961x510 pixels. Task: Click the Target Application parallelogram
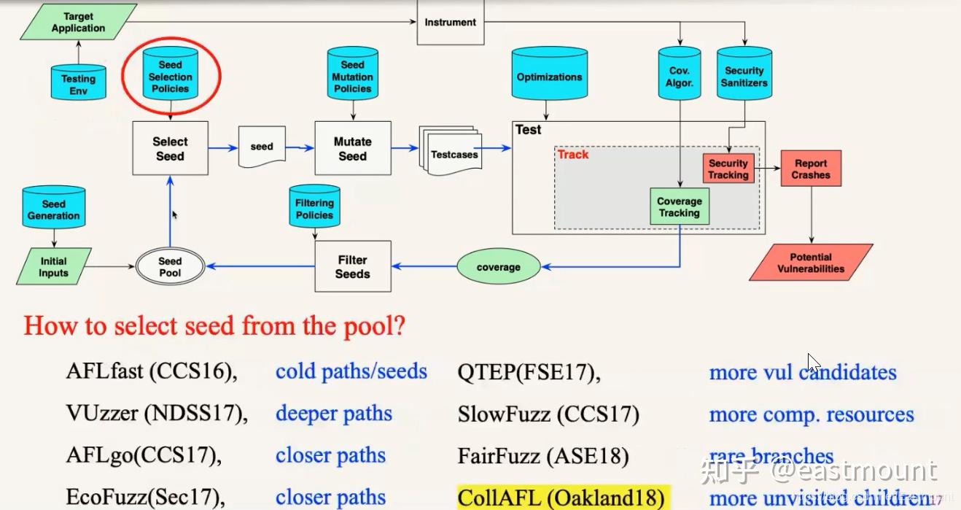click(x=78, y=22)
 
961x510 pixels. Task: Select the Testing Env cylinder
click(x=78, y=82)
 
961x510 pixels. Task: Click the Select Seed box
click(x=170, y=148)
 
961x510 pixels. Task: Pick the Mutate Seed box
click(x=352, y=148)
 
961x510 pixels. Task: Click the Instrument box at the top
click(x=450, y=22)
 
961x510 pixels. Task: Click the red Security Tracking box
click(x=728, y=169)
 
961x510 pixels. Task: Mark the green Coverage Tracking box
click(x=680, y=207)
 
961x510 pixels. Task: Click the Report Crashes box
click(x=811, y=169)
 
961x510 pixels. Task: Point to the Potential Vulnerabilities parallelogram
click(x=811, y=263)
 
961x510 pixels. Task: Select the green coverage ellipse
click(x=499, y=267)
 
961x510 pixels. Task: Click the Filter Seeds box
click(x=352, y=267)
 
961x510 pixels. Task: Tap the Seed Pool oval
click(x=170, y=267)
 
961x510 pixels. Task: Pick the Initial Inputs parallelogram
click(x=53, y=267)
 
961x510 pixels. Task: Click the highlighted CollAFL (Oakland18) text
click(x=561, y=498)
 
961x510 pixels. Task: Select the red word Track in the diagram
click(x=573, y=155)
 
